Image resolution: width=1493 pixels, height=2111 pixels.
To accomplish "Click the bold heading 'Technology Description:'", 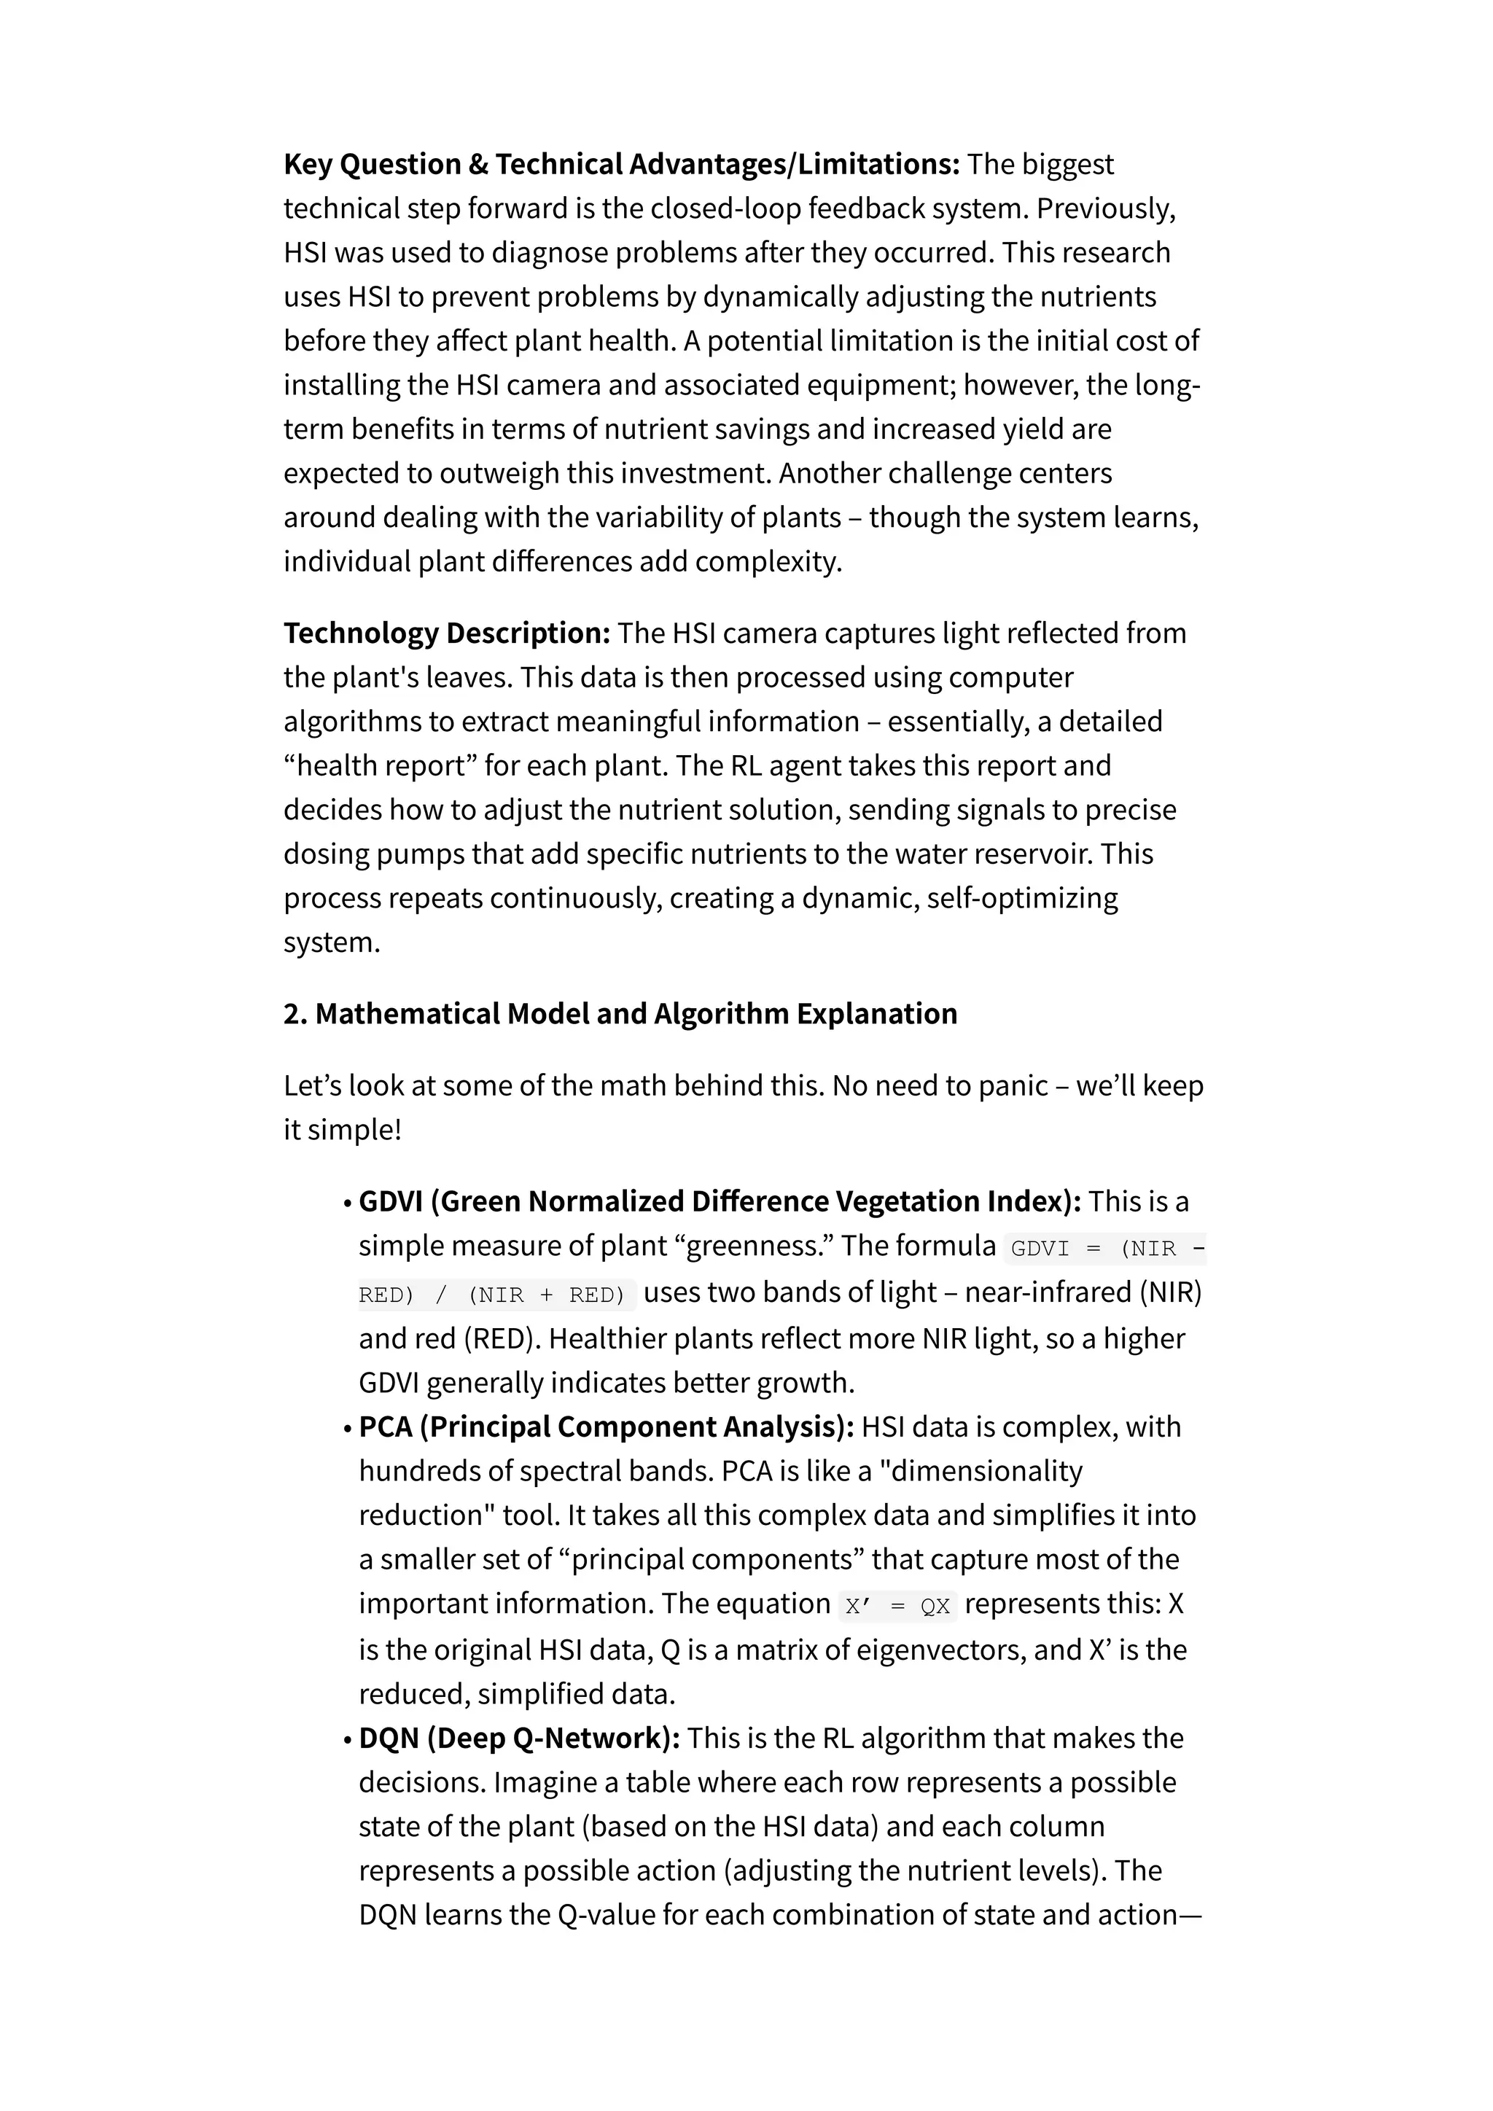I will [x=447, y=633].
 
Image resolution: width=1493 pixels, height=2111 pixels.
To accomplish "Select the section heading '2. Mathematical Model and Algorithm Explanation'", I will [x=620, y=1014].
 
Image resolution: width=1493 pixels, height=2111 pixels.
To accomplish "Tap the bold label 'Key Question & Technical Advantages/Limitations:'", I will [x=621, y=165].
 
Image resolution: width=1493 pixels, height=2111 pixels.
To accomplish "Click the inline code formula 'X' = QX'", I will [x=897, y=1607].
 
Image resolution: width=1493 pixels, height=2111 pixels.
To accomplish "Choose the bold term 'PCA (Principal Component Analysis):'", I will [x=606, y=1427].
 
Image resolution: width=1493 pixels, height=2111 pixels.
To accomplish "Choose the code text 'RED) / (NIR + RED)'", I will [x=492, y=1295].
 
